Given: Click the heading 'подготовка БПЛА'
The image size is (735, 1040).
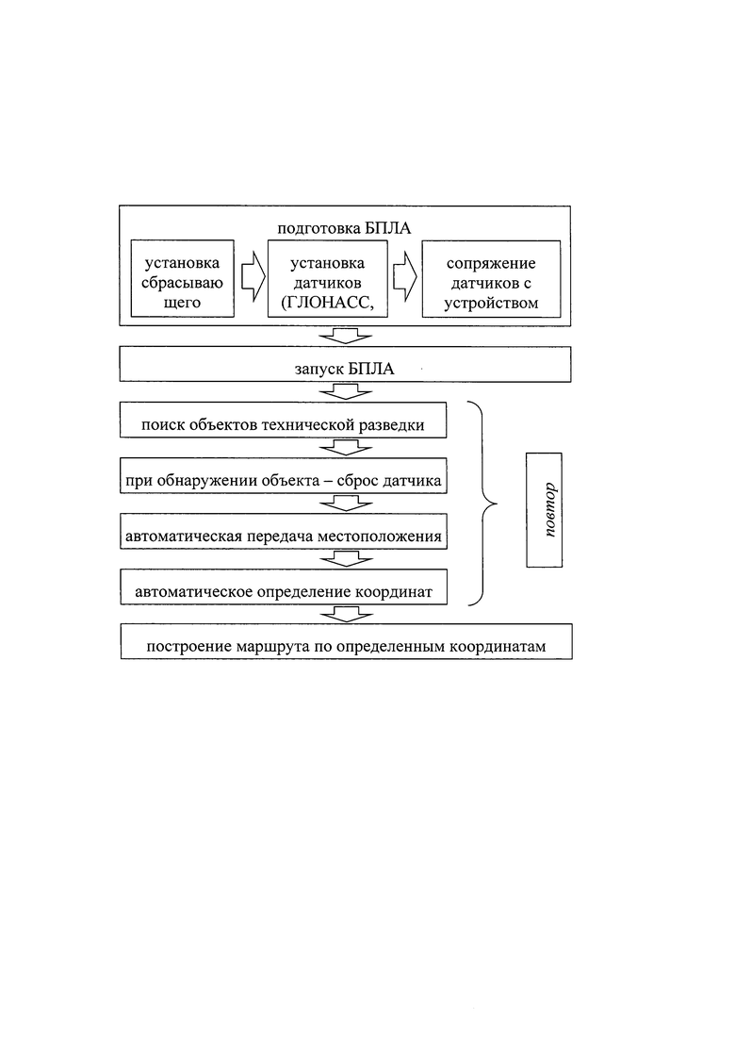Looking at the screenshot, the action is tap(344, 228).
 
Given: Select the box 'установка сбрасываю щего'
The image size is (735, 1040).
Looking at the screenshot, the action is tap(182, 278).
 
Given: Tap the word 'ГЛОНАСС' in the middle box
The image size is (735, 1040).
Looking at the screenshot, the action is tap(324, 303).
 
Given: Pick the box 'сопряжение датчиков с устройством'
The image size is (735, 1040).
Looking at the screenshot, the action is tap(491, 278).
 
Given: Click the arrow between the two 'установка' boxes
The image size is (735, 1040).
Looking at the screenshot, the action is tap(253, 278).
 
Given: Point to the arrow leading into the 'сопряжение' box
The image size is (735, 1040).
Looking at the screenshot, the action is tap(405, 278).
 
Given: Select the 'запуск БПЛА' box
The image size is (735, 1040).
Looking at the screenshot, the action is tap(345, 364).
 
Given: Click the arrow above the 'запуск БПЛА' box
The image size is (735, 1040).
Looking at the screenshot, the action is tap(345, 336).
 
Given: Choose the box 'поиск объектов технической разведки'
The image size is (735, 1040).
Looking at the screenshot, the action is tap(283, 420).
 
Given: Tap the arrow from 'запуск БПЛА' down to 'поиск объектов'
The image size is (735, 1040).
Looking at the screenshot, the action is tap(345, 391).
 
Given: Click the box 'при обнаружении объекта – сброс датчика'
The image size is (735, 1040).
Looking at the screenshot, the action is tap(283, 475).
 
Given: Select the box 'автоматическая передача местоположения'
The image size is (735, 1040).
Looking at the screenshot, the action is tap(283, 531).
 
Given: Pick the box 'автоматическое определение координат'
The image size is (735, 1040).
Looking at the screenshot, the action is tap(284, 586).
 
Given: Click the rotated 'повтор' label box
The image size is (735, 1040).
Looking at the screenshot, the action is tap(544, 510).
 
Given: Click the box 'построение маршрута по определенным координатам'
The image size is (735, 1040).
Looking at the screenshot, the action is tap(346, 641).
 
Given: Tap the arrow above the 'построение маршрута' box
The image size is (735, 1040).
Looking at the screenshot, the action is tap(345, 614).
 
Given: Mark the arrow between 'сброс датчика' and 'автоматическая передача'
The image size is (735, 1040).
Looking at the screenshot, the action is tap(345, 503).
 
